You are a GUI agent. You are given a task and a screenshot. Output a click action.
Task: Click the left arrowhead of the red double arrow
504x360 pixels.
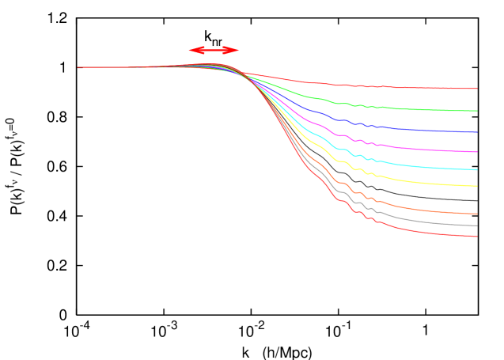pyautogui.click(x=192, y=50)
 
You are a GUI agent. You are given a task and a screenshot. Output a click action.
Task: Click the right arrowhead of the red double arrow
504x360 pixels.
pyautogui.click(x=235, y=50)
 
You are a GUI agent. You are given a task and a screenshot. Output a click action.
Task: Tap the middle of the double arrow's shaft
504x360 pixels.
pyautogui.click(x=214, y=50)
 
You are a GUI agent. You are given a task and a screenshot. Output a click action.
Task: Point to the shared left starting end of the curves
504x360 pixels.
pyautogui.click(x=78, y=67)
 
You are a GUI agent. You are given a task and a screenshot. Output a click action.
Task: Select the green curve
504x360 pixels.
pyautogui.click(x=396, y=108)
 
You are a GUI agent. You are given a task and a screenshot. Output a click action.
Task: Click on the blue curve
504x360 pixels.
pyautogui.click(x=396, y=128)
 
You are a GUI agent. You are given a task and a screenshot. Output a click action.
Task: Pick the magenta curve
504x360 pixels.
pyautogui.click(x=396, y=146)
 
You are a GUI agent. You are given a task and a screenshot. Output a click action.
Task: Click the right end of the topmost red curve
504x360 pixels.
pyautogui.click(x=477, y=89)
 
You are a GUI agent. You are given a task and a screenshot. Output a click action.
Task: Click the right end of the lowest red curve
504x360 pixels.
pyautogui.click(x=477, y=237)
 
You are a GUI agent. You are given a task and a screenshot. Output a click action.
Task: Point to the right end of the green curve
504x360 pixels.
pyautogui.click(x=477, y=111)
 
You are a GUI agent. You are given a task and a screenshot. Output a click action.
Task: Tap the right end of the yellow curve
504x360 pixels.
pyautogui.click(x=477, y=186)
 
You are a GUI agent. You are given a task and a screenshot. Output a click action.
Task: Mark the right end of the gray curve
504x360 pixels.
pyautogui.click(x=477, y=226)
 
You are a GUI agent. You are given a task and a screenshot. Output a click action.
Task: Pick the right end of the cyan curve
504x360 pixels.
pyautogui.click(x=477, y=170)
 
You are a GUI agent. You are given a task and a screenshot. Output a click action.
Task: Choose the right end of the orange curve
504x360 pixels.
pyautogui.click(x=477, y=214)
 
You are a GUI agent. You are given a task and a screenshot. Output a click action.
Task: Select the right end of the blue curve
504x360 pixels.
pyautogui.click(x=477, y=132)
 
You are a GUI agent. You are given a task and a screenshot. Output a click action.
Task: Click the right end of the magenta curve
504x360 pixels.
pyautogui.click(x=477, y=152)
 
